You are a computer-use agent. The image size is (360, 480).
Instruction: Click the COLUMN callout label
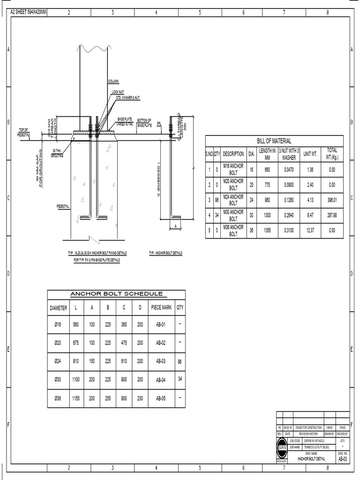click(113, 81)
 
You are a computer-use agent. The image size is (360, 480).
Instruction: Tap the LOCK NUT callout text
click(118, 92)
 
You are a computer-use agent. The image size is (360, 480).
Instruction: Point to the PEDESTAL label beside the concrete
click(63, 206)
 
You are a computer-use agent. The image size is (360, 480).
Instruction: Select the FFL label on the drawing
click(159, 124)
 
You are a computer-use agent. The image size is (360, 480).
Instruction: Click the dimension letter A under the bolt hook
click(175, 225)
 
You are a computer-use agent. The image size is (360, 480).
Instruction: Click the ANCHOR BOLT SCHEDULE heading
click(116, 294)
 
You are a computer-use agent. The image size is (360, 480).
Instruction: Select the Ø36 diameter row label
click(59, 399)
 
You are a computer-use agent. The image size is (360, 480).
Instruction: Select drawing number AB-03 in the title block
click(342, 459)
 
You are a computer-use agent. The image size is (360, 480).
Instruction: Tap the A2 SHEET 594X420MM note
click(29, 11)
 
